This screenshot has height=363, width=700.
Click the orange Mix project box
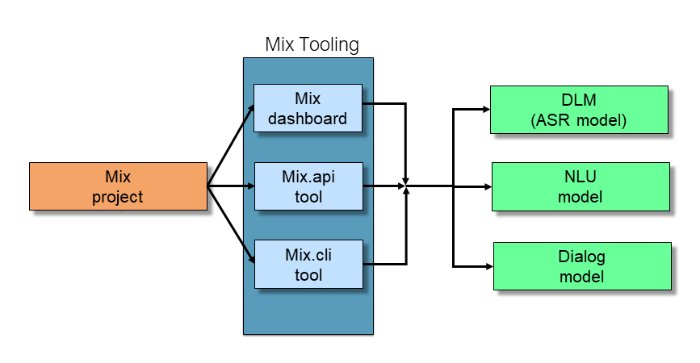point(117,186)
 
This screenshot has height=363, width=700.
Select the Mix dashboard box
point(308,109)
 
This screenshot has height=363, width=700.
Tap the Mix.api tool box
point(308,186)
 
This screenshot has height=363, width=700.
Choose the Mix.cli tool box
point(308,264)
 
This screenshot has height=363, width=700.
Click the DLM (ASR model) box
point(579,110)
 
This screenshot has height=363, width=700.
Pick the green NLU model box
point(580,186)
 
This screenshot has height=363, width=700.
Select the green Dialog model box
point(581,266)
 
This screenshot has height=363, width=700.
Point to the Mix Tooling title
point(312,44)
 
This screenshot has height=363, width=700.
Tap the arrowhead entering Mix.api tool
point(250,186)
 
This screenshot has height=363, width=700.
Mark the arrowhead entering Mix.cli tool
point(251,261)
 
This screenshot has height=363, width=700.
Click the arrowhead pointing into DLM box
point(486,110)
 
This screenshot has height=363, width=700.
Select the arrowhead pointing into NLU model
point(487,186)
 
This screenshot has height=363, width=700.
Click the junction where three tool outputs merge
point(406,186)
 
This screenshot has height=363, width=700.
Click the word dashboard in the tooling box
point(308,119)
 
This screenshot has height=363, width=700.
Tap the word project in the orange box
point(117,197)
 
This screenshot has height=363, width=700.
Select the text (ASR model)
point(579,120)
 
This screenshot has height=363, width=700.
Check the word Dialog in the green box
point(581,257)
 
